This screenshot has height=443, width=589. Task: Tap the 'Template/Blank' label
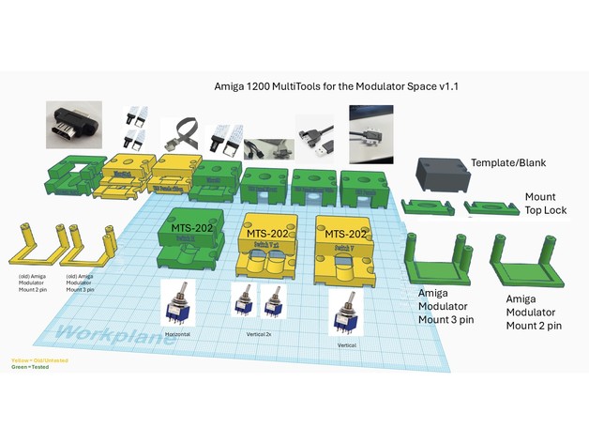(509, 161)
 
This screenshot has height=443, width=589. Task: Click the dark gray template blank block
(441, 176)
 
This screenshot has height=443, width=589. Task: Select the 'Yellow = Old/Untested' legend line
(31, 359)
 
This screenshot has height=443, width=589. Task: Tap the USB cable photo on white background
(313, 139)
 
